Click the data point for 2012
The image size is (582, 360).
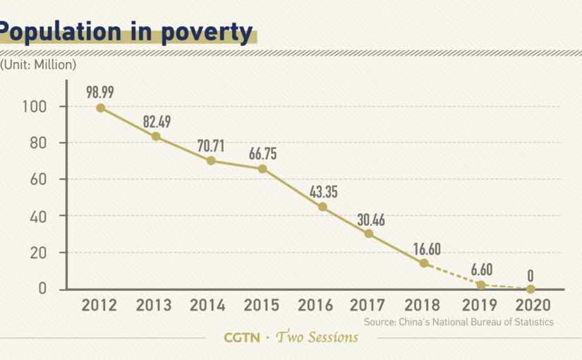pos(101,108)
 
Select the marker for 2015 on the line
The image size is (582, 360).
pos(262,169)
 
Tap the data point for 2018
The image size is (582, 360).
pos(424,263)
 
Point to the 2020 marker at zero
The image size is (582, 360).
pos(531,289)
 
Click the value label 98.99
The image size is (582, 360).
pos(101,92)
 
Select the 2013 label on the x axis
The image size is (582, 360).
pos(153,306)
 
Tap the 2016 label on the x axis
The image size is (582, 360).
pos(315,306)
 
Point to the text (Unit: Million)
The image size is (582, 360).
pos(38,64)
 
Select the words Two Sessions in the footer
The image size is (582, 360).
pos(317,337)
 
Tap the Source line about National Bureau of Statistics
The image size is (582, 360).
pos(459,322)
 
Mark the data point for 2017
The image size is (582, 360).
pos(369,234)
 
